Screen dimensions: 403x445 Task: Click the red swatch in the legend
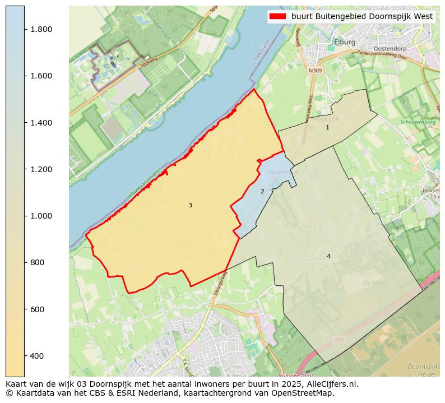277,17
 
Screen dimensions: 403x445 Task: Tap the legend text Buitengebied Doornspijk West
362,17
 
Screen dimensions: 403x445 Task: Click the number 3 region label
190,206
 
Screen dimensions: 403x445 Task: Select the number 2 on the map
262,192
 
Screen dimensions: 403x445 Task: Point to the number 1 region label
328,128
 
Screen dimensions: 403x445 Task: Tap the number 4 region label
328,257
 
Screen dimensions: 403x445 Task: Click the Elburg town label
345,42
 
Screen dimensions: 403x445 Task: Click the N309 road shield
316,71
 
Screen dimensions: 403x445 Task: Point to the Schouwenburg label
418,122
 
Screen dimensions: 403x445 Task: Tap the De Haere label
376,283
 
